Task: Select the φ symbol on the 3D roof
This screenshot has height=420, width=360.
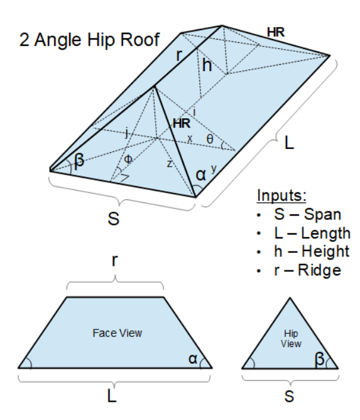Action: [x=128, y=159]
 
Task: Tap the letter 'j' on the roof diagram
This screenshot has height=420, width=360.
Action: [x=127, y=133]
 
